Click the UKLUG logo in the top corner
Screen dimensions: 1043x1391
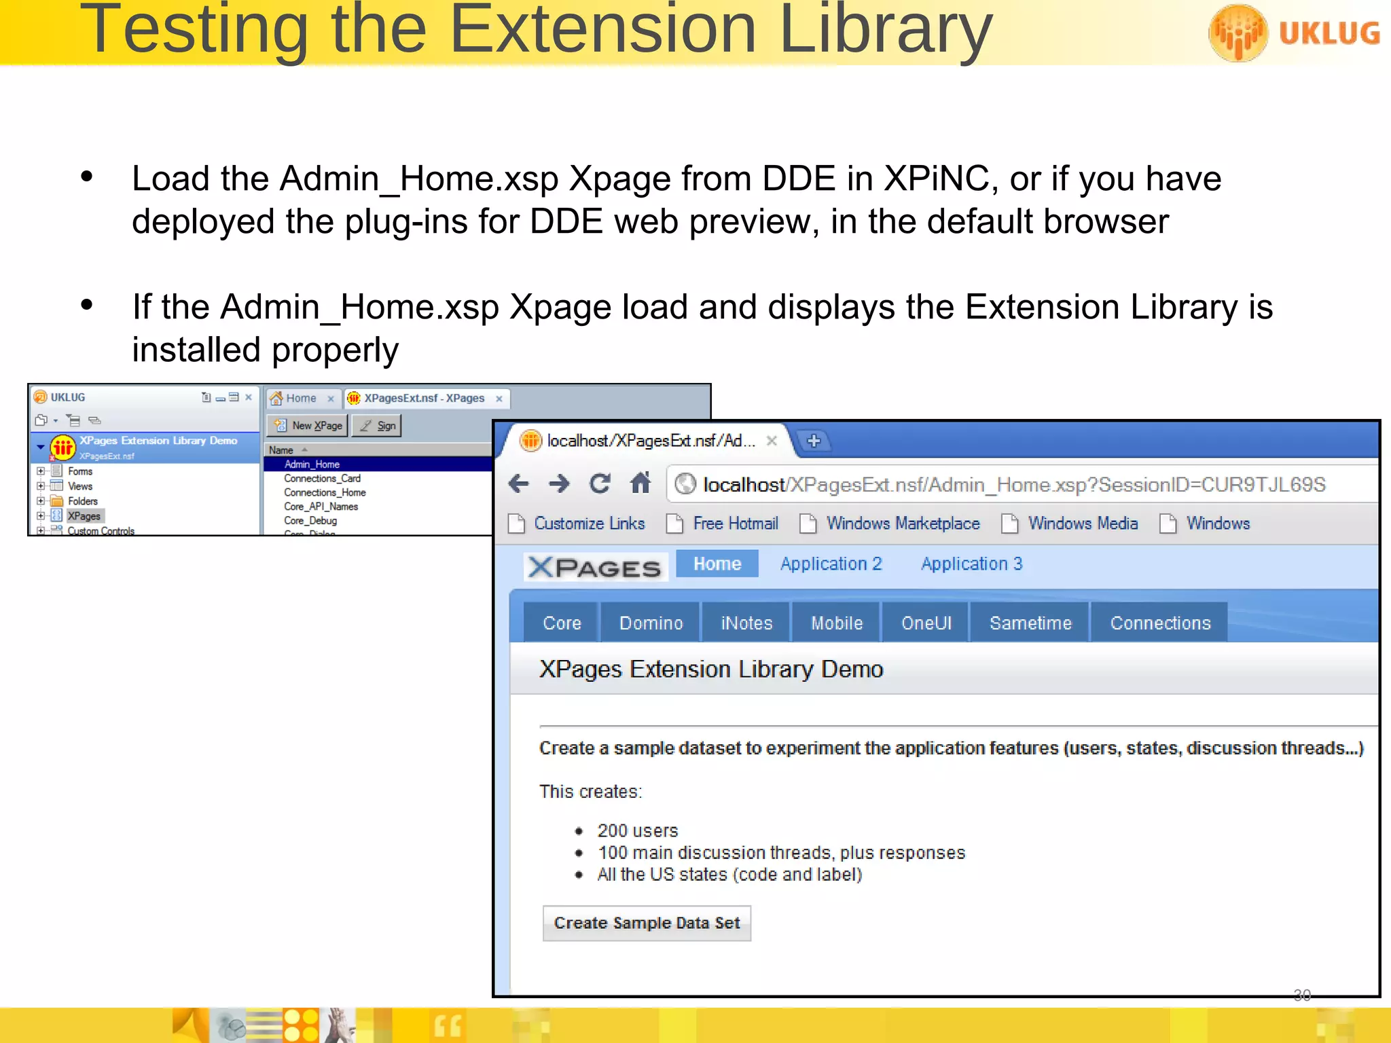[1294, 33]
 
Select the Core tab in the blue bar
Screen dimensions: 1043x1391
[562, 623]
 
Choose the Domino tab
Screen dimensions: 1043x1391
[651, 623]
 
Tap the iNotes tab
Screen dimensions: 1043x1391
[746, 623]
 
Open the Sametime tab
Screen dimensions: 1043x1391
[1030, 623]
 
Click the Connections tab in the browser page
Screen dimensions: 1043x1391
[1159, 623]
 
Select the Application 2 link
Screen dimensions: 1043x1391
[830, 564]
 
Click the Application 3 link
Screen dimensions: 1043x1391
[971, 564]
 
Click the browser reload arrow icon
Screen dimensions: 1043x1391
[600, 483]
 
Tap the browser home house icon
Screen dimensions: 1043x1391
[640, 483]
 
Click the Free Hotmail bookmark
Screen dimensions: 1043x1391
[734, 524]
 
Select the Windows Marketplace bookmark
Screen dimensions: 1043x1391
[902, 524]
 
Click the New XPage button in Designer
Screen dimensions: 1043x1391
[309, 426]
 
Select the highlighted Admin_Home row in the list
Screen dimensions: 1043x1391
[312, 464]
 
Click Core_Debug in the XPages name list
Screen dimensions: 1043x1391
[310, 521]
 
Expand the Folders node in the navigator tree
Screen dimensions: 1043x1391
[41, 501]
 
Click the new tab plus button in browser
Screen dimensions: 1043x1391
[814, 441]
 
